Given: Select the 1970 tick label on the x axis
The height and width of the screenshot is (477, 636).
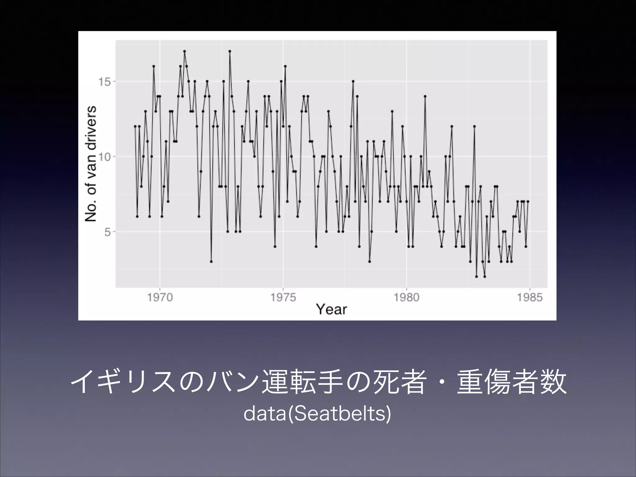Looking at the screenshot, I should (x=160, y=298).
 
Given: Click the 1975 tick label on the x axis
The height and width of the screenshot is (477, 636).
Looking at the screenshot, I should (x=283, y=298).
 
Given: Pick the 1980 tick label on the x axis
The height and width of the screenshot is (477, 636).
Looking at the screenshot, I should (x=406, y=298).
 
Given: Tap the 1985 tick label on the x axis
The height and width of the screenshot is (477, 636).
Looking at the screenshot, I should (x=529, y=298).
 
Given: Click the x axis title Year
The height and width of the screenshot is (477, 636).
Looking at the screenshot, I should (x=331, y=309).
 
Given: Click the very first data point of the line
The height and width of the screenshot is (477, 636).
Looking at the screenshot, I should (x=135, y=126).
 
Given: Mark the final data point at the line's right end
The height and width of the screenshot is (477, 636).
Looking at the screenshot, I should (x=528, y=202).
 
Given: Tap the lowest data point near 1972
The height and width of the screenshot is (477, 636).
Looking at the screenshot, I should (x=211, y=261).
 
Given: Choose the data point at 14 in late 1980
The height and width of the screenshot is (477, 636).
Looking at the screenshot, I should (x=425, y=96).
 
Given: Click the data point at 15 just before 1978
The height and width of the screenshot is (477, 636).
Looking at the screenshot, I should (x=353, y=81).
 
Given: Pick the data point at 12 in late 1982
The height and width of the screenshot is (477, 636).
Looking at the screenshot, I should (x=475, y=126).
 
